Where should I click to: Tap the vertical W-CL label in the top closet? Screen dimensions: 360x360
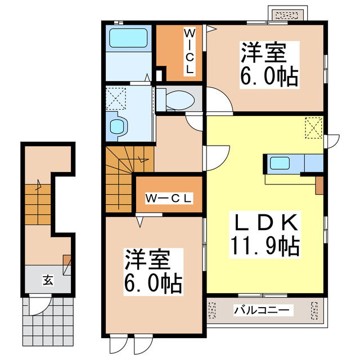click(190, 52)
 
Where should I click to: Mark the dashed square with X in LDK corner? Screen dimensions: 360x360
click(314, 126)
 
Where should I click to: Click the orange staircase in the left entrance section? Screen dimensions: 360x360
click(37, 202)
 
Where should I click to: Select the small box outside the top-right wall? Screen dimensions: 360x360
click(287, 14)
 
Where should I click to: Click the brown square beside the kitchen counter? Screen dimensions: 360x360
click(319, 184)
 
